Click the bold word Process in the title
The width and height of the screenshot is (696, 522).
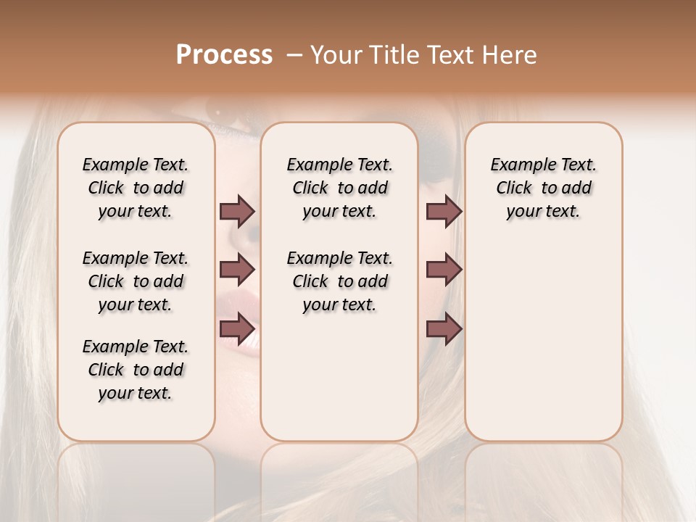pos(224,54)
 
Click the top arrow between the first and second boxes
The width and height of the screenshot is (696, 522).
pos(237,211)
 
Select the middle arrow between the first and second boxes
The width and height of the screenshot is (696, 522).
pos(237,270)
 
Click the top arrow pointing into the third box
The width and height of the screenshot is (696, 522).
pos(444,211)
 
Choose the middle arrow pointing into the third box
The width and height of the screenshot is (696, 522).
pos(444,270)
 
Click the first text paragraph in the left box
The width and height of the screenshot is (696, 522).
pos(136,188)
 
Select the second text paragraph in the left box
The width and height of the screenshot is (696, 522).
pos(136,281)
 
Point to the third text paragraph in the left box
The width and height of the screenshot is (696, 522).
pos(136,370)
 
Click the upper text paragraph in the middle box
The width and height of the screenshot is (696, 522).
pos(339,188)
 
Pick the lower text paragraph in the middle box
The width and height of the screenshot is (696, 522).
pos(339,281)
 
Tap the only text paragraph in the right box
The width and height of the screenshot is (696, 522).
pos(543,188)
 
